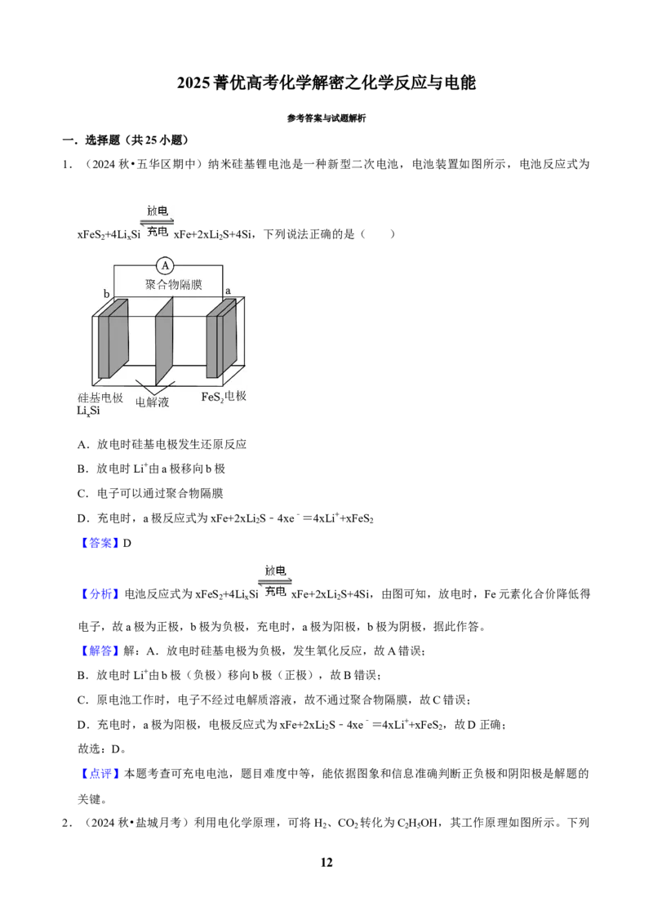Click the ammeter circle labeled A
(x=165, y=266)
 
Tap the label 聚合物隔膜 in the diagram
(x=173, y=285)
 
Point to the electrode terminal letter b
(x=107, y=294)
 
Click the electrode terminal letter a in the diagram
(x=228, y=291)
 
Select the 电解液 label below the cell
(x=152, y=402)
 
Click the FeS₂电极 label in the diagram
(x=224, y=397)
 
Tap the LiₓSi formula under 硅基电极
(x=88, y=411)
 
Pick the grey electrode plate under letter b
(x=113, y=339)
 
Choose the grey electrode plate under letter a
(x=220, y=338)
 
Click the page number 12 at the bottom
(x=326, y=863)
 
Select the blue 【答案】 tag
(x=99, y=544)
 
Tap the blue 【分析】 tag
(x=99, y=594)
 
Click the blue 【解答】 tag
(x=99, y=651)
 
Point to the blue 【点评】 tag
(x=99, y=774)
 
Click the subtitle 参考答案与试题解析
(x=326, y=118)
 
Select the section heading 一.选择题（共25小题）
(x=126, y=140)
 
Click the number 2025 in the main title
(x=193, y=83)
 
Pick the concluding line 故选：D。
(x=102, y=749)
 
